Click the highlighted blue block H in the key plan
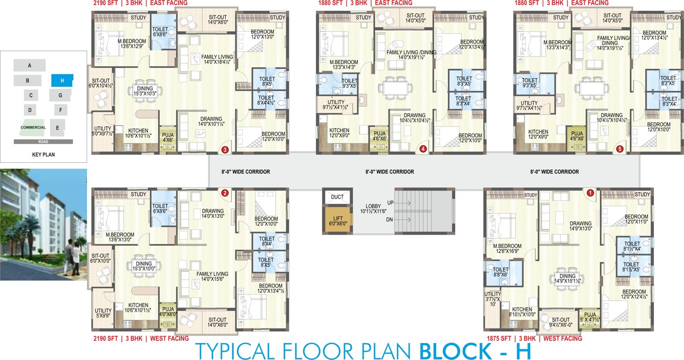coord(62,80)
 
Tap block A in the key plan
coord(30,65)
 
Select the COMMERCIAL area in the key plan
coord(34,128)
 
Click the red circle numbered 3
coord(225,150)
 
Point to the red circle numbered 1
coord(590,193)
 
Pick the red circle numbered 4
coord(422,149)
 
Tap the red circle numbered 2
coord(224,193)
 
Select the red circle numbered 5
coord(620,149)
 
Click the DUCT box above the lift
coord(337,197)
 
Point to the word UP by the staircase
coord(390,203)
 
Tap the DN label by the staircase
coord(390,219)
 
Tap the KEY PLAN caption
coord(43,154)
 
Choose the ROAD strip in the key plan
coord(43,141)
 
